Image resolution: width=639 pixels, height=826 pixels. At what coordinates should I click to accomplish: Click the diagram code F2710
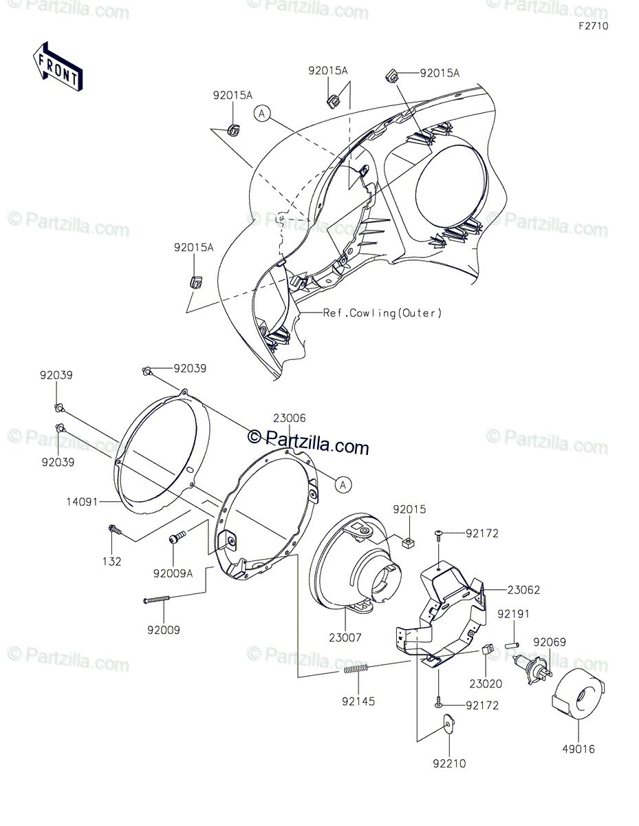[592, 26]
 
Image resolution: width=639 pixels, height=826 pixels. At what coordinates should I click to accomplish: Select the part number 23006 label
[289, 418]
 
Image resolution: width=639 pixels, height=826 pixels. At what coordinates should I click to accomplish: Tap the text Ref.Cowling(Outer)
[382, 313]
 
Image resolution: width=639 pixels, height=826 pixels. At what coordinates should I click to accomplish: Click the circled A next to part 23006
[342, 485]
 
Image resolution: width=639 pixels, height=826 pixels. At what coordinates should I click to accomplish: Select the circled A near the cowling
[262, 114]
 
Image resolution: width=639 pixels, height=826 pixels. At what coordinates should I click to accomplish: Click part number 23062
[524, 590]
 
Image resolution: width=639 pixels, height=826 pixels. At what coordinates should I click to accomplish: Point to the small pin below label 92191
[512, 646]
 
